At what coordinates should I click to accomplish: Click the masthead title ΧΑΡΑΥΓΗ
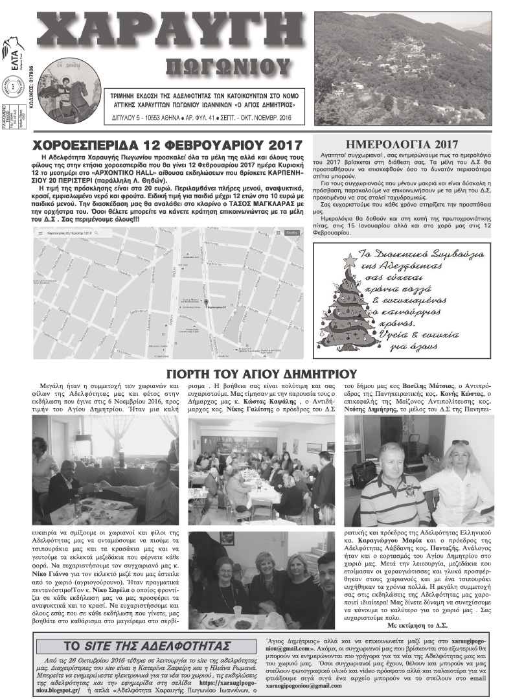[167, 31]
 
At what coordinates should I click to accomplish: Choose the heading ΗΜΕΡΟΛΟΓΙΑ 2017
[402, 144]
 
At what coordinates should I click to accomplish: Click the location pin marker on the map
[206, 301]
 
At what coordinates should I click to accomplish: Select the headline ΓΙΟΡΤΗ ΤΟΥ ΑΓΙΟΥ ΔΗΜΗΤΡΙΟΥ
[262, 374]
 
